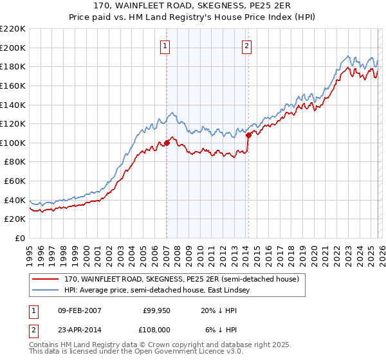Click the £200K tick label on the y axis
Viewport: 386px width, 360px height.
point(13,48)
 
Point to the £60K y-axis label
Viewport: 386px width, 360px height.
point(15,181)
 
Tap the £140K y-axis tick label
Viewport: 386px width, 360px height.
point(13,105)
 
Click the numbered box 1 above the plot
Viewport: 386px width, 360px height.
point(166,46)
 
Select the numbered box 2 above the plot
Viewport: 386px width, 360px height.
point(247,46)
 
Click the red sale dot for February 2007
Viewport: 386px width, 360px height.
point(167,143)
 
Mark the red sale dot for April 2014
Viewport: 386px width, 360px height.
point(248,135)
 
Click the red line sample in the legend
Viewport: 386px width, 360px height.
point(46,280)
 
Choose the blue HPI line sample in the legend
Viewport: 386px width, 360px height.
point(46,291)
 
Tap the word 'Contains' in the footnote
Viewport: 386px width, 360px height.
point(45,345)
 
